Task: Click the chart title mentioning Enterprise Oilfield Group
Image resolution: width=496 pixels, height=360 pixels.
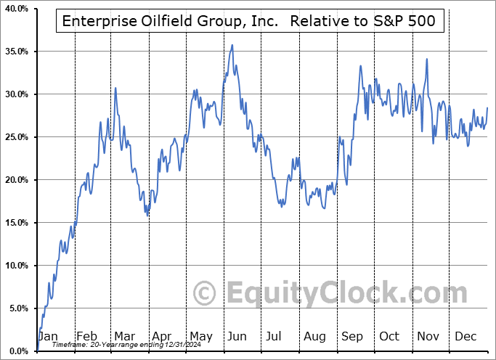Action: point(249,21)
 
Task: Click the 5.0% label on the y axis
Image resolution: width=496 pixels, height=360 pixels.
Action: point(17,308)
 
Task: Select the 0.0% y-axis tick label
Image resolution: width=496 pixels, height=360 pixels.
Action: point(17,351)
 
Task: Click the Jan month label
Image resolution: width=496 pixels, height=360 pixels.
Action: point(48,337)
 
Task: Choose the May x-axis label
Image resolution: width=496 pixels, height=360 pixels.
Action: point(202,337)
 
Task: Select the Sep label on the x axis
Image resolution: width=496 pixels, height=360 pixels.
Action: point(351,337)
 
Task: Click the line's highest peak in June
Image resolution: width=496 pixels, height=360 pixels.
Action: point(232,45)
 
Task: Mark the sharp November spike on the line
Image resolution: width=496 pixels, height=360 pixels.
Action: point(427,60)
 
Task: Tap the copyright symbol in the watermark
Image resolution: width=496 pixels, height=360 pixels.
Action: point(204,293)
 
